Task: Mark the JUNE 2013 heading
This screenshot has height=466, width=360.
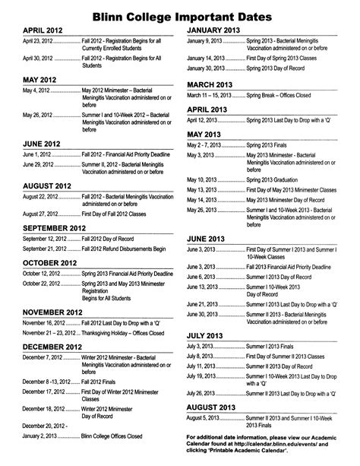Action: (x=207, y=237)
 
